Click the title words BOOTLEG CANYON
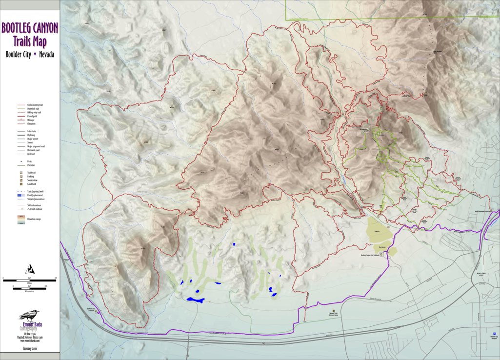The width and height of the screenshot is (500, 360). click(x=30, y=27)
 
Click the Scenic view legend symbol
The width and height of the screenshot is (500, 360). click(x=21, y=180)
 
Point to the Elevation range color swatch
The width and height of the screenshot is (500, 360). click(x=21, y=220)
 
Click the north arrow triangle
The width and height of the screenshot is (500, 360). click(x=30, y=268)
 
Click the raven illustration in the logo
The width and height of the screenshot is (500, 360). click(x=29, y=316)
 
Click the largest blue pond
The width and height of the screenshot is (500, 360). click(x=195, y=300)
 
